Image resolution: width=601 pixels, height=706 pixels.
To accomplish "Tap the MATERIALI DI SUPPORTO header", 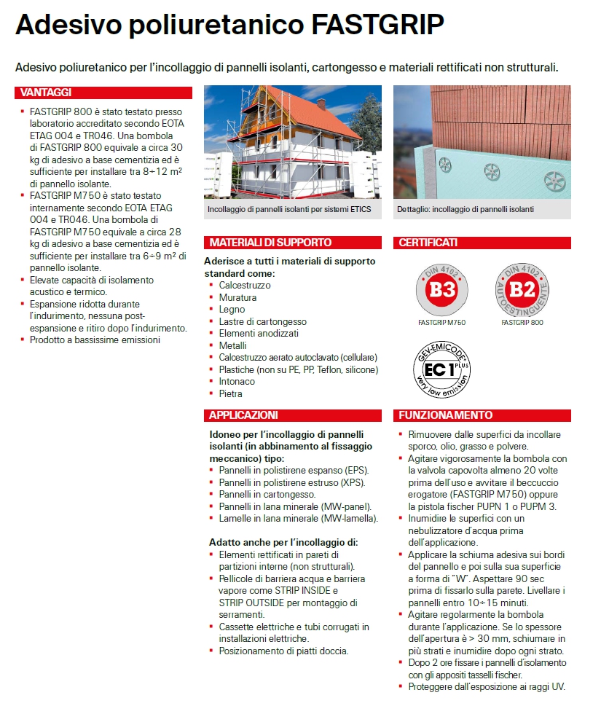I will click(270, 243).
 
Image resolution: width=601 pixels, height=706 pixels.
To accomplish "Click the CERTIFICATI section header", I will click(428, 243).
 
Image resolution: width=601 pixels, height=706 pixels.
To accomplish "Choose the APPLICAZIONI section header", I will click(243, 415).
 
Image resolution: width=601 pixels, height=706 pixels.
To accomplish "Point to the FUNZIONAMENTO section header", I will click(446, 415).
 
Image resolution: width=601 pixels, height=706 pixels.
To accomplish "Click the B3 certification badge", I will click(441, 289).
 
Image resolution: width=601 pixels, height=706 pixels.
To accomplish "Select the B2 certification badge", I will click(522, 289).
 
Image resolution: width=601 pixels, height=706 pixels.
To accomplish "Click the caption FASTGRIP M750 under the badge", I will click(441, 322).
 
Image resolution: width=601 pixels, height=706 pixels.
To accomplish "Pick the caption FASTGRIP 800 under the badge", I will click(522, 322).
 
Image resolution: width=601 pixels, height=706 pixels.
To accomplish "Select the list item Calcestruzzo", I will click(244, 286).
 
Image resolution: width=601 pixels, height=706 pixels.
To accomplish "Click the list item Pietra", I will click(230, 393).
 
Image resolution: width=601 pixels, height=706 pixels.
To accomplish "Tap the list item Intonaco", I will click(237, 381).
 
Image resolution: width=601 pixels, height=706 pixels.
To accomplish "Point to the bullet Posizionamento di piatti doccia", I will click(283, 651).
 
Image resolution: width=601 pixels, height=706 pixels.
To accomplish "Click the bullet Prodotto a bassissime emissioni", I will click(95, 340).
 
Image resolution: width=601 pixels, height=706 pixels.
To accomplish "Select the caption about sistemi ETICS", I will click(289, 209).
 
